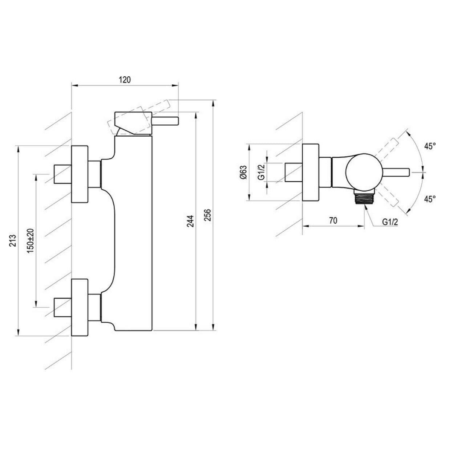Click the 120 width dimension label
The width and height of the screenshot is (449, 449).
coord(125,80)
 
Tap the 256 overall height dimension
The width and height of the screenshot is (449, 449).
coord(208,215)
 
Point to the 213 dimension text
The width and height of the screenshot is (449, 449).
coord(13,240)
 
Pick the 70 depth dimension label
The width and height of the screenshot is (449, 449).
coord(333,221)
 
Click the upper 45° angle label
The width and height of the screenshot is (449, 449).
coord(430,146)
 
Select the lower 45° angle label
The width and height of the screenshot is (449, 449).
coord(430,199)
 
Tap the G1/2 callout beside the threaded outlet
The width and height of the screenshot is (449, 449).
coord(390,222)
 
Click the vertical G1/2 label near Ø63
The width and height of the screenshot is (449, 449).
coord(262,173)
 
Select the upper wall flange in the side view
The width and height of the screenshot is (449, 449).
coord(80,174)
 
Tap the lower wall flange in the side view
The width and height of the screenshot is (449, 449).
coord(80,307)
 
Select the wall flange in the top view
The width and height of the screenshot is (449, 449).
coord(311,172)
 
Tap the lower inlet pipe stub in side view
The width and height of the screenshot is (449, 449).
coord(63,307)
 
